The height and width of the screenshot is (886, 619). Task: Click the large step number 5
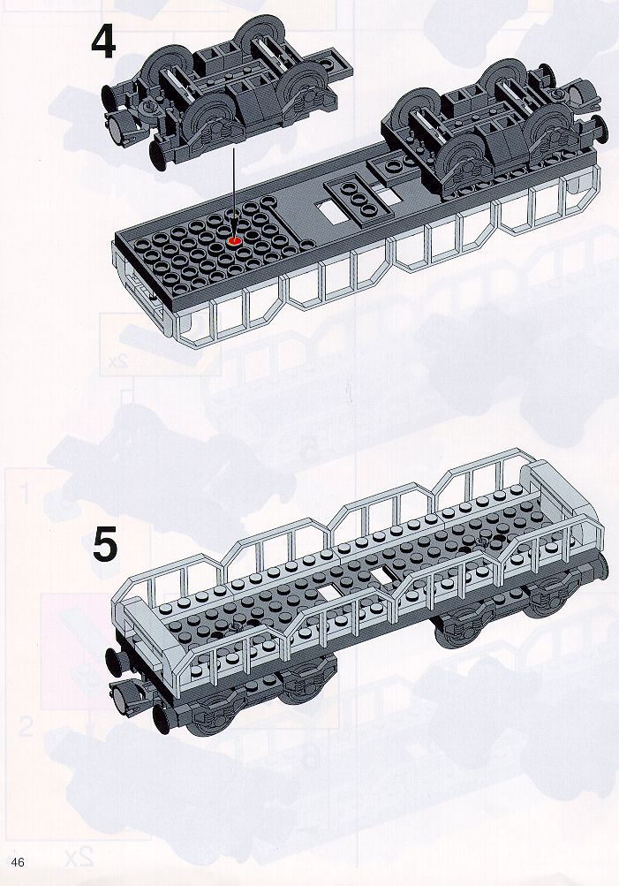pos(106,544)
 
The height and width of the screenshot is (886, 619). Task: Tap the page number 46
pos(17,861)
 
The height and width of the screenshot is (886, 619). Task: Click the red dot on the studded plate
pos(234,241)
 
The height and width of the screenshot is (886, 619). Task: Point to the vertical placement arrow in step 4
pos(233,192)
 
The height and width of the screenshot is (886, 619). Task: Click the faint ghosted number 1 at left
pos(25,492)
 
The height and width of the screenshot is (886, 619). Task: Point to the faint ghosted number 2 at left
pos(26,727)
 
